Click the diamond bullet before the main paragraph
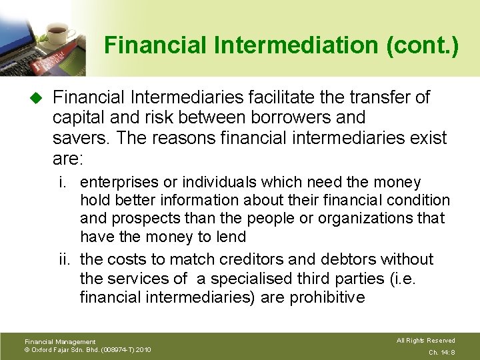tap(36, 98)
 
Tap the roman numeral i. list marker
tap(67, 182)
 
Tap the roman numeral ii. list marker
tap(65, 259)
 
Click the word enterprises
tap(119, 182)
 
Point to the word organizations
tap(377, 218)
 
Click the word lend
tap(231, 236)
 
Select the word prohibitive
tap(327, 297)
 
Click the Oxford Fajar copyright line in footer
tap(87, 349)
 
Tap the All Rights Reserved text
tap(425, 341)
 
